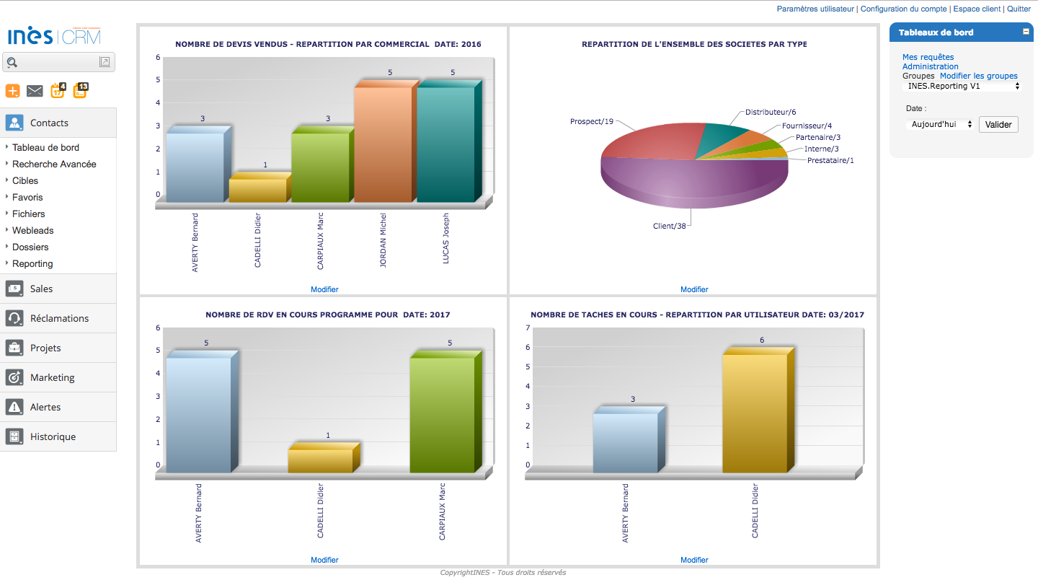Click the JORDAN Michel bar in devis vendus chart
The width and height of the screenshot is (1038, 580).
[x=383, y=144]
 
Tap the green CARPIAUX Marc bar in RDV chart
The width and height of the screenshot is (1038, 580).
[x=443, y=415]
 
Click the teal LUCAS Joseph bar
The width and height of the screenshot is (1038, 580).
[x=445, y=144]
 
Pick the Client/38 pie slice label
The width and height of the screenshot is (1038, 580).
[x=669, y=226]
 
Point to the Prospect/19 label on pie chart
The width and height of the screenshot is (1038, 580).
[x=591, y=121]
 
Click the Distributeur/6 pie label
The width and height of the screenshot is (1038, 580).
[x=771, y=112]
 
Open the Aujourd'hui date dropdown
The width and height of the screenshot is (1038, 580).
[x=939, y=125]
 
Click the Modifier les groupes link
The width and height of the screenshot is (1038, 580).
[x=978, y=76]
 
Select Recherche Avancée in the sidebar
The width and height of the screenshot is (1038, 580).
[x=54, y=164]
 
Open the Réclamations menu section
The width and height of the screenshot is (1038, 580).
[x=59, y=318]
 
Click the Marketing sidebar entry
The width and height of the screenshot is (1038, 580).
[x=52, y=377]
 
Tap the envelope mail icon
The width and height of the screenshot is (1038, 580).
[x=35, y=91]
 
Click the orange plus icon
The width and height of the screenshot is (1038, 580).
[x=13, y=91]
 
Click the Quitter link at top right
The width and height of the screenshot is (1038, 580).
[x=1019, y=9]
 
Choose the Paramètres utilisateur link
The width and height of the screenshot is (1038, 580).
[x=815, y=9]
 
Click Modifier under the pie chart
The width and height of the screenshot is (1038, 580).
[x=694, y=289]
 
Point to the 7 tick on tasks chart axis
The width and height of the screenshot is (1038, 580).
[x=528, y=328]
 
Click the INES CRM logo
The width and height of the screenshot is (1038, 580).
[x=54, y=36]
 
